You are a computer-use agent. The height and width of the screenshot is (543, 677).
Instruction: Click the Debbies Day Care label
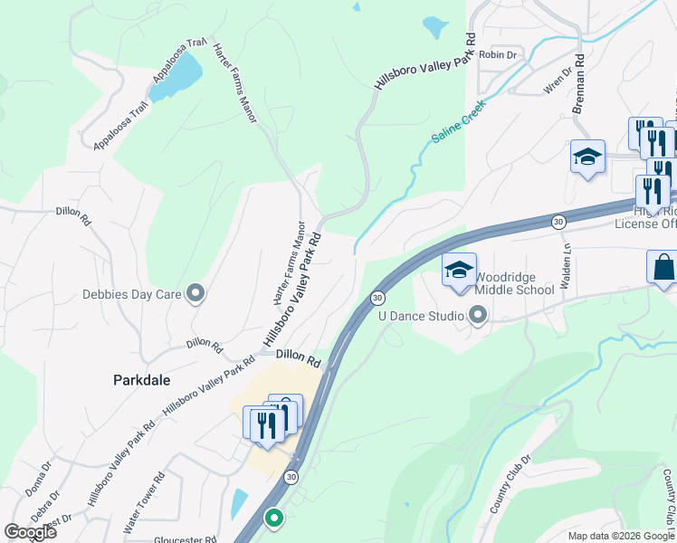pos(132,293)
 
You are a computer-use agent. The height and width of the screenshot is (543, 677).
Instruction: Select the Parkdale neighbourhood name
pos(141,381)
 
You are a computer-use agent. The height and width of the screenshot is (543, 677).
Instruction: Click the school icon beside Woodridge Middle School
pos(458,271)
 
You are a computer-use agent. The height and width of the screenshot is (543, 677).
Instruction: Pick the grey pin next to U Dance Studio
pos(479,315)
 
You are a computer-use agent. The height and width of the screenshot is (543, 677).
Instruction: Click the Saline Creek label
pos(459,122)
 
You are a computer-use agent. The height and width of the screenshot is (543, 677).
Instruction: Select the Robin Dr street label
pos(498,55)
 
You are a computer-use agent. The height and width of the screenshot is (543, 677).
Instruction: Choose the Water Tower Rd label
pos(145,500)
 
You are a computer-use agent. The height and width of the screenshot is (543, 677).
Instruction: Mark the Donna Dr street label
pos(39,480)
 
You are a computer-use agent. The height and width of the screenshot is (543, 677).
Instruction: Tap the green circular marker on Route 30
pos(273,519)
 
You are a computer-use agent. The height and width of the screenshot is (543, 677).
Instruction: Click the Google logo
pos(29,532)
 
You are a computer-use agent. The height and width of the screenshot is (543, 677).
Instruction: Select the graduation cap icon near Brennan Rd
pos(586,157)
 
